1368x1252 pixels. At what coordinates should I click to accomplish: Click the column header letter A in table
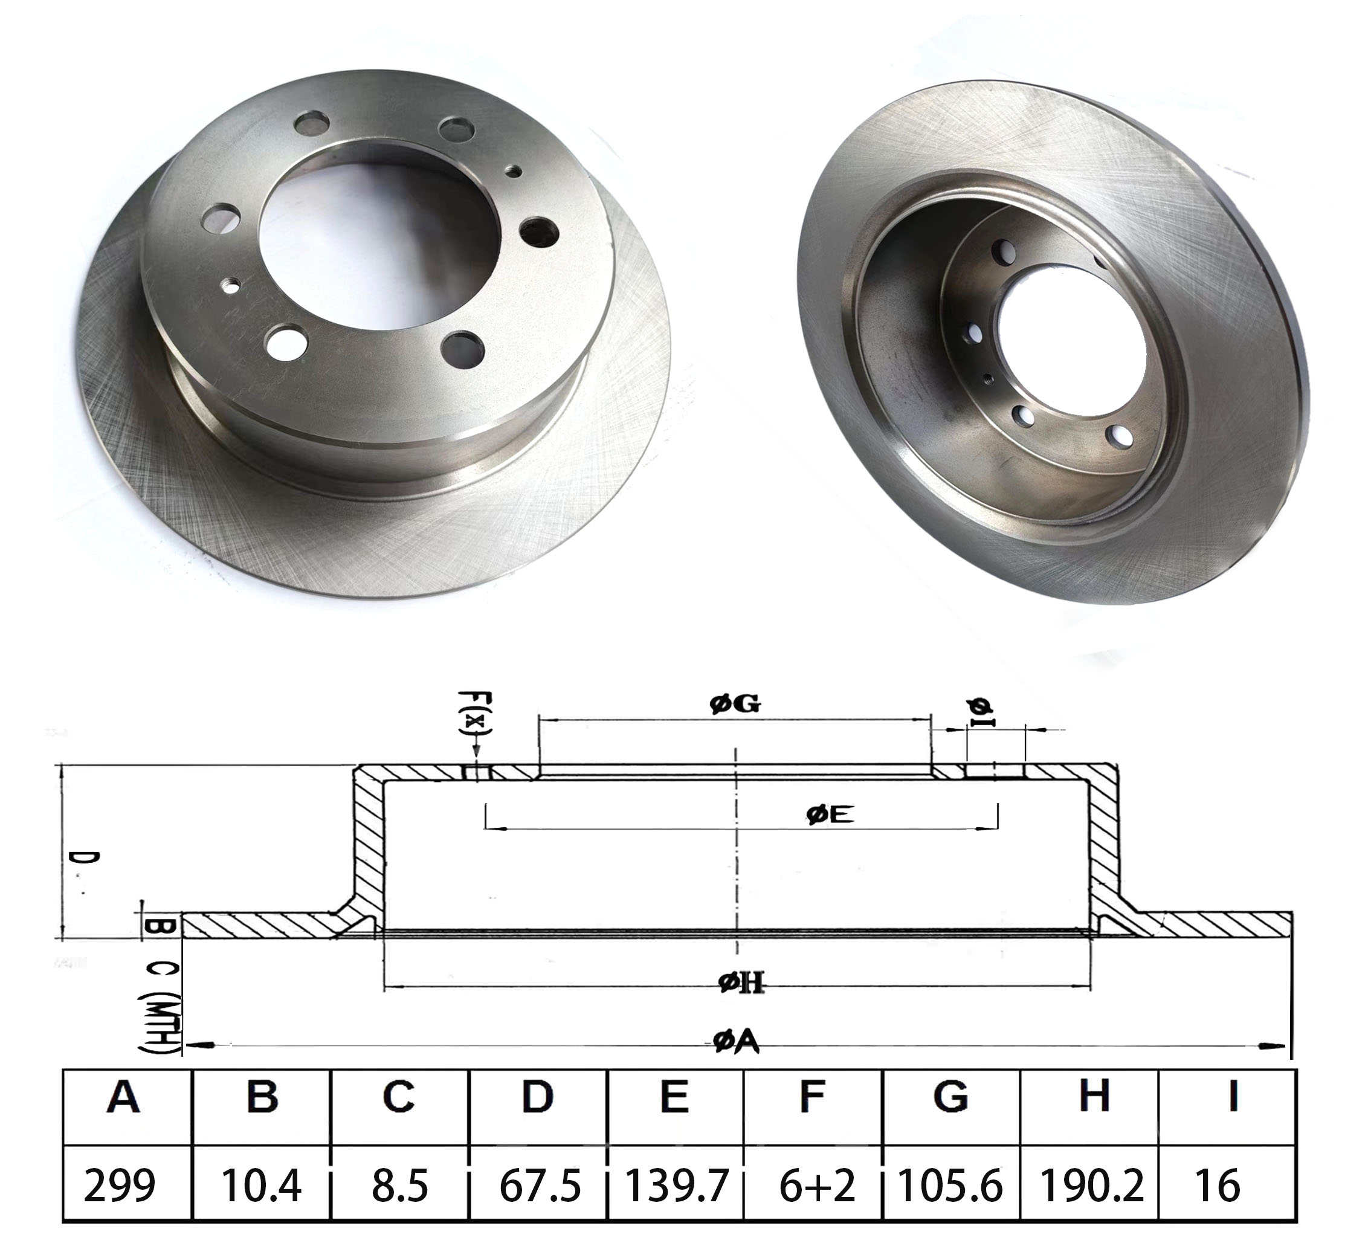click(123, 1095)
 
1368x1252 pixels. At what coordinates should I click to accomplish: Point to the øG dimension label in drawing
click(735, 705)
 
